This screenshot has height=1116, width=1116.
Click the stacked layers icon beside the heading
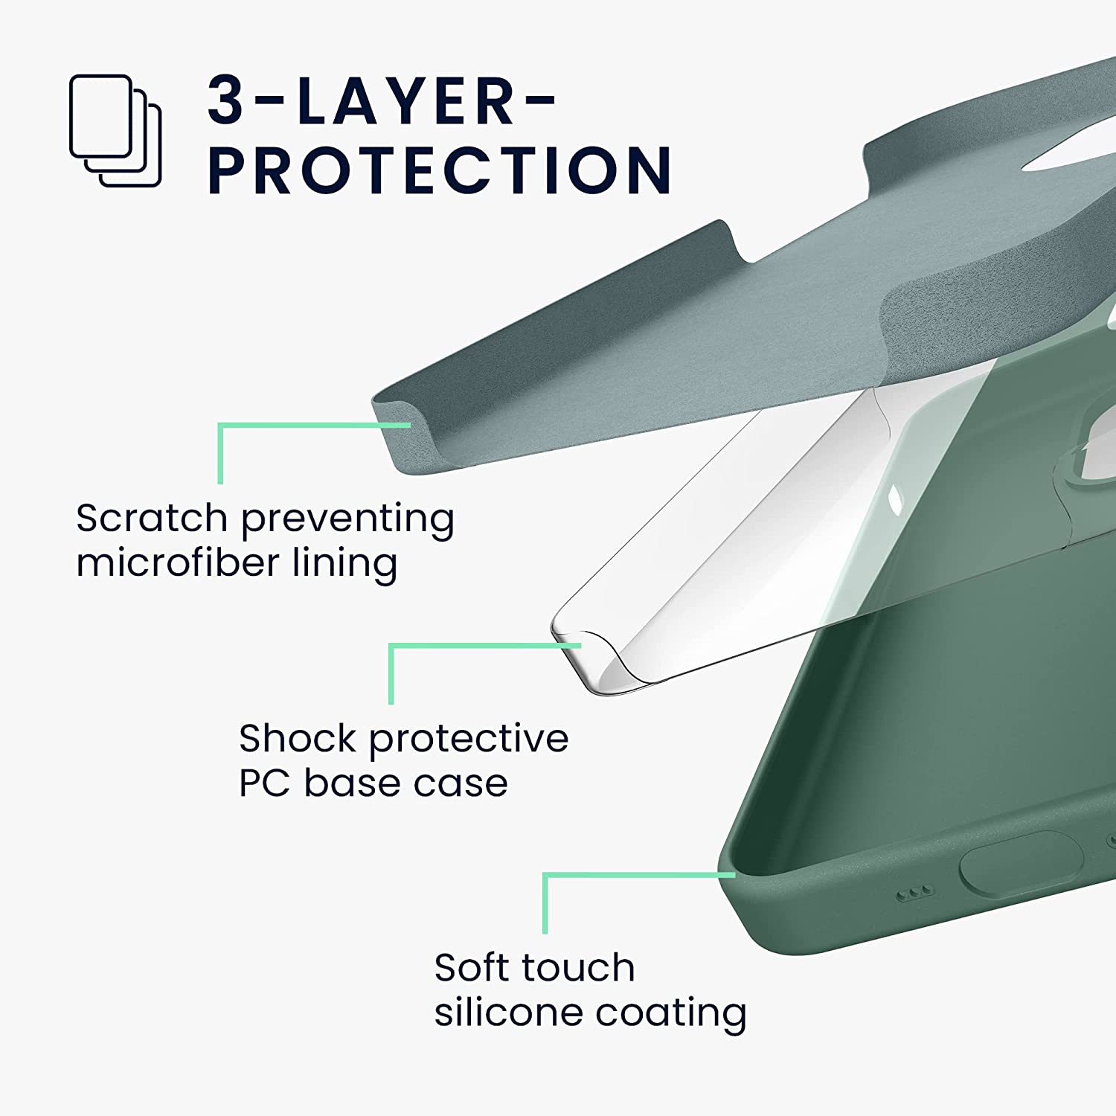point(115,130)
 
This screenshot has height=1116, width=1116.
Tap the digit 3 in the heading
point(226,100)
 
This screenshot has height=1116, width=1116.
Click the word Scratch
point(152,518)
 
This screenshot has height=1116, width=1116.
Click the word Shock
point(298,738)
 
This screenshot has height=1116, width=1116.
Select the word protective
point(469,740)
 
